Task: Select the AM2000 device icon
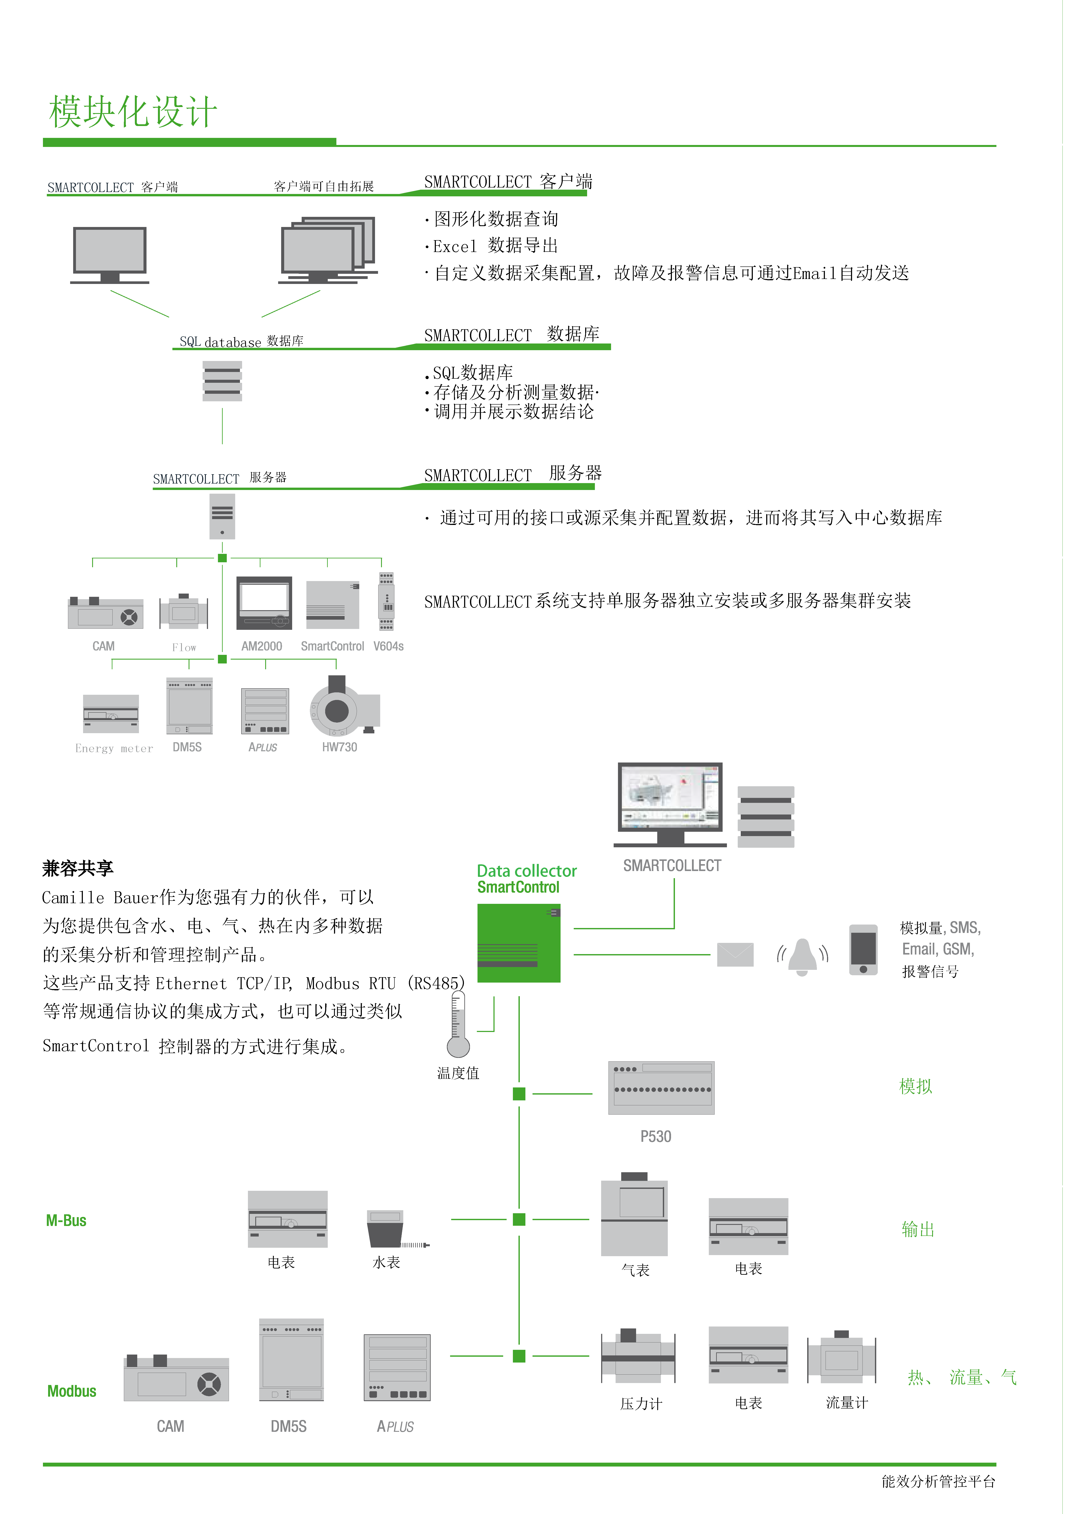(264, 603)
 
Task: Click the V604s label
(388, 646)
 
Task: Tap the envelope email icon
(735, 955)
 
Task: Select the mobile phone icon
(863, 950)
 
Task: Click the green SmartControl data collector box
(519, 943)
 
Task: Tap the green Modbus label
(72, 1391)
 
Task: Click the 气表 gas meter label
(635, 1270)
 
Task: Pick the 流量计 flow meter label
(847, 1403)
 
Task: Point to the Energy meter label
(114, 748)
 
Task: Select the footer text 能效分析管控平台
(938, 1482)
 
